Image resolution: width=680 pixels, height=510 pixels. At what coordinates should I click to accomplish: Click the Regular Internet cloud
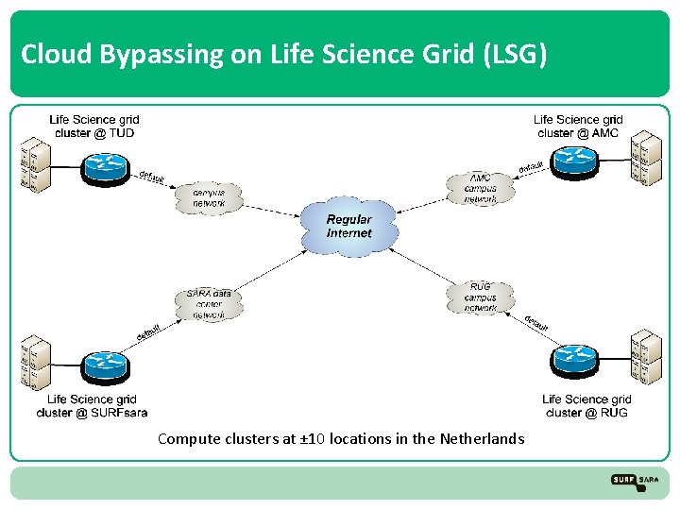(348, 227)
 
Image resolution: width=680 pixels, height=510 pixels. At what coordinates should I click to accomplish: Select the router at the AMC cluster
(574, 161)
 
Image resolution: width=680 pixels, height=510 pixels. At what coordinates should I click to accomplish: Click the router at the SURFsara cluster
(103, 365)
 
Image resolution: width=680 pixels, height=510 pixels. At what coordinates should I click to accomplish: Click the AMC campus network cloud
(481, 189)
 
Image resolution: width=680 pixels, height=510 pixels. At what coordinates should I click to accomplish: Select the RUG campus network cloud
(481, 297)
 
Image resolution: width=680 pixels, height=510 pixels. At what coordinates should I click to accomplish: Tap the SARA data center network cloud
(209, 304)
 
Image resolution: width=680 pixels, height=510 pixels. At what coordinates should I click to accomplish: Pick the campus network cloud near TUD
(209, 196)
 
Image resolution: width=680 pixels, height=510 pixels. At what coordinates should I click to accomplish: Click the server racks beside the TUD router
(35, 167)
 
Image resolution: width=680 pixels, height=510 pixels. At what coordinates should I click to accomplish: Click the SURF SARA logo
(635, 481)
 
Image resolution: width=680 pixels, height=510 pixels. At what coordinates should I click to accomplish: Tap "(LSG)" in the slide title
(514, 55)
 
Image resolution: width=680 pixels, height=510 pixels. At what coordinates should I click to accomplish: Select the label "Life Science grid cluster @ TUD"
(93, 127)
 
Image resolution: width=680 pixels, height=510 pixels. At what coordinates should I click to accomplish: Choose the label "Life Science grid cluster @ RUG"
(586, 406)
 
